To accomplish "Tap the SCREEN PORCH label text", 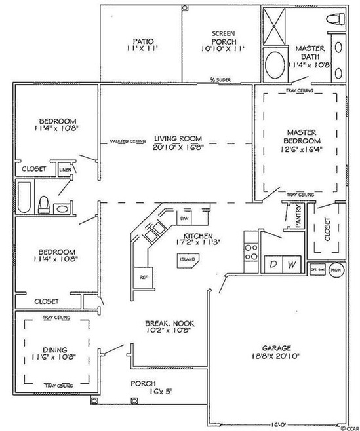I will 218,34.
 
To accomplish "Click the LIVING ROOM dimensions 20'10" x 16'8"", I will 178,148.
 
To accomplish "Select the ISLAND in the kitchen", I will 187,259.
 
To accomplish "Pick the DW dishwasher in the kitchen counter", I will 185,219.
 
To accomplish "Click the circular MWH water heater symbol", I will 336,269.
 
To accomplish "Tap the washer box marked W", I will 293,264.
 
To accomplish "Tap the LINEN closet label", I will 65,170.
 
